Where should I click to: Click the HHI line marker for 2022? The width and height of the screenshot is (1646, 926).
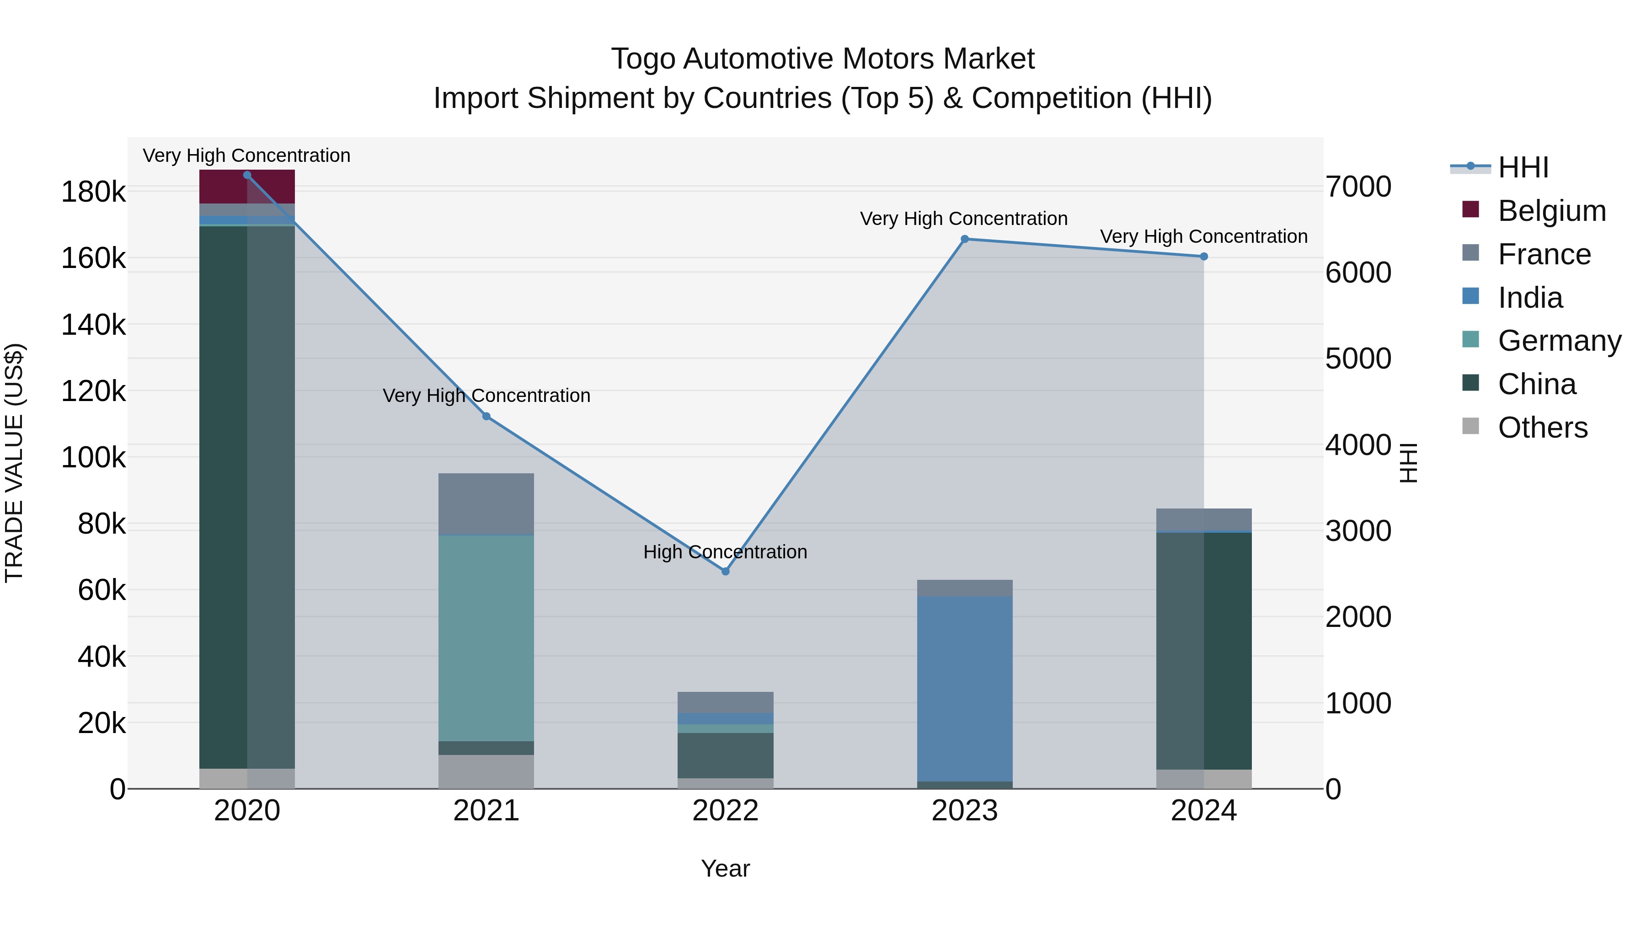click(x=725, y=571)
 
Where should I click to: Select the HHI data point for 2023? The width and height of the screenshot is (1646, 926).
click(x=965, y=239)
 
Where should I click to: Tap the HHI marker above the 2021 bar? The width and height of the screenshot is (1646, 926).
click(x=486, y=417)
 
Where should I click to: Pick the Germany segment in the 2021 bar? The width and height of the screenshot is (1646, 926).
click(x=486, y=638)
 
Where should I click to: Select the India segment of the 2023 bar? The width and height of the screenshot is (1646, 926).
click(x=965, y=688)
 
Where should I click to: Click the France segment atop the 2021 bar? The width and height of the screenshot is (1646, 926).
click(x=486, y=503)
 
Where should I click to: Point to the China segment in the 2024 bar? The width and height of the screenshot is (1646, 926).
click(x=1204, y=651)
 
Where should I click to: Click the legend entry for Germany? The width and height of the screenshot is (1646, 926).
click(x=1559, y=341)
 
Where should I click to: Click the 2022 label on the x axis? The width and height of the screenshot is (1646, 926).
click(x=725, y=811)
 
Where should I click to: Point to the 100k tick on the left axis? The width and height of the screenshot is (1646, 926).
click(x=93, y=458)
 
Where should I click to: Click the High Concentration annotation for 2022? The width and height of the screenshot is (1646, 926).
click(x=725, y=551)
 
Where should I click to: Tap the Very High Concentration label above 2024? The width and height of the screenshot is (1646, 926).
click(x=1204, y=236)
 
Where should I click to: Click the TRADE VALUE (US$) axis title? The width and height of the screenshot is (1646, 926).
click(x=14, y=463)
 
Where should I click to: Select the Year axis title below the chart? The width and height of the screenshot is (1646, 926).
click(x=725, y=868)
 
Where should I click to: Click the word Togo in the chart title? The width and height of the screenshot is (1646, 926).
click(x=643, y=59)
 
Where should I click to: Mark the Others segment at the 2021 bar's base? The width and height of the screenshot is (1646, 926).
click(x=486, y=771)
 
